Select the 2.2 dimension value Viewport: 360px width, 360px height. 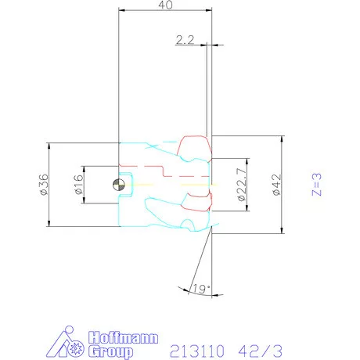click(x=185, y=39)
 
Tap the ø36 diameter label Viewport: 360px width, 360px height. click(x=42, y=185)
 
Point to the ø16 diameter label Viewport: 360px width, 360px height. click(x=78, y=185)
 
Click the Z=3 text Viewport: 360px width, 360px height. click(x=316, y=185)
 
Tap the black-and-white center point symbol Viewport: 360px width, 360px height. click(x=117, y=185)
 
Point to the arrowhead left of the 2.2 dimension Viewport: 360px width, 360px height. click(x=202, y=45)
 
